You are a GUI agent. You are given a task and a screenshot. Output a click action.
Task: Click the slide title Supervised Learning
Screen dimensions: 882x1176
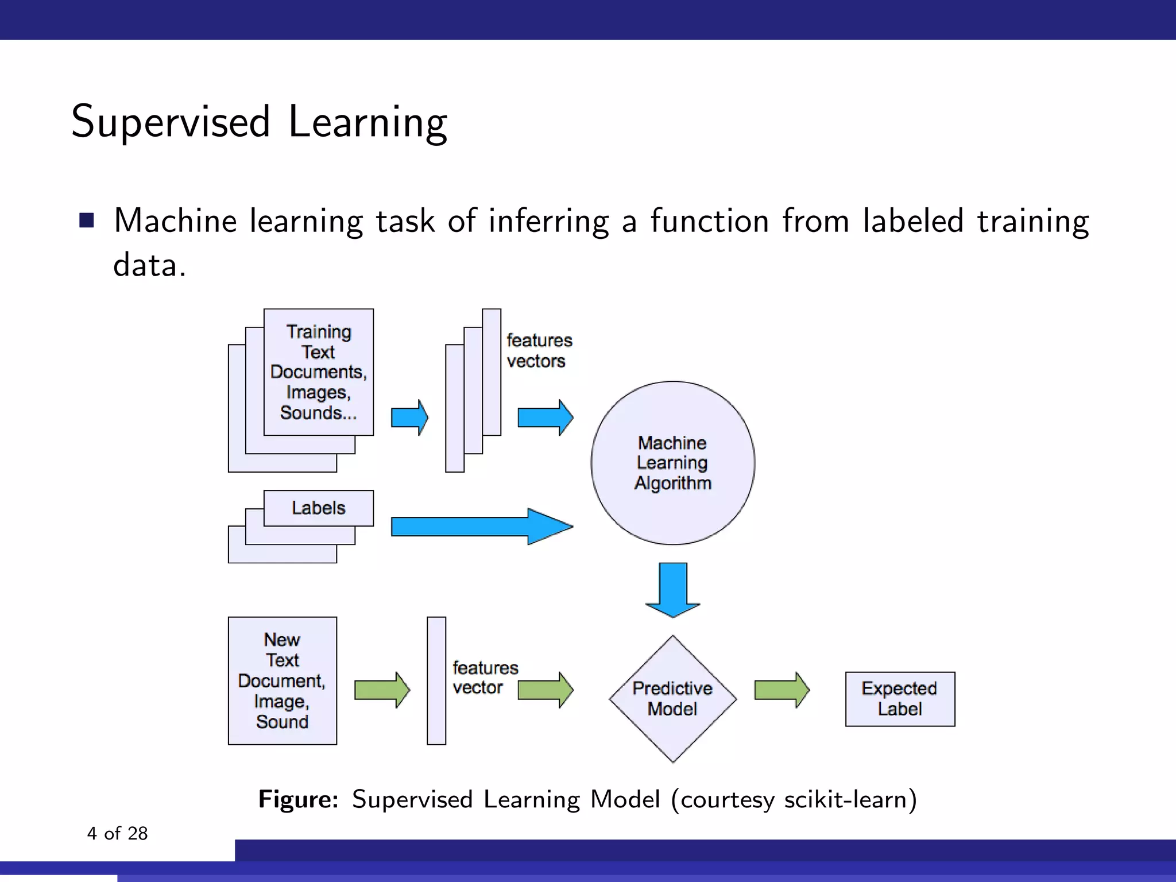click(258, 122)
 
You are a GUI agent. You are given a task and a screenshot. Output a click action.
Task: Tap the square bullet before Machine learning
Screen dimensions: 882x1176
click(87, 220)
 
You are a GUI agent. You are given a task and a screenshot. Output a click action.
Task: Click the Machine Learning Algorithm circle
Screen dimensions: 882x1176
click(672, 463)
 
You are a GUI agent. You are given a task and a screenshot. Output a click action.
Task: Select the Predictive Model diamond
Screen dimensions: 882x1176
click(672, 698)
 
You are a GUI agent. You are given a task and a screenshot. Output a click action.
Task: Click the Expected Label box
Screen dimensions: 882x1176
click(900, 699)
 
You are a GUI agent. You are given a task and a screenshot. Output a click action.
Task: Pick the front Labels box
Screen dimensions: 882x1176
click(318, 508)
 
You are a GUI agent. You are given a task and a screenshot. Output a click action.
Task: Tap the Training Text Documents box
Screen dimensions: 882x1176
click(318, 372)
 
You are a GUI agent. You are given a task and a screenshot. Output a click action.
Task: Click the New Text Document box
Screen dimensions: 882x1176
click(282, 680)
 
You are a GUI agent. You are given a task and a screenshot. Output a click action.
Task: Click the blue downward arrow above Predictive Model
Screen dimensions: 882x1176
click(672, 589)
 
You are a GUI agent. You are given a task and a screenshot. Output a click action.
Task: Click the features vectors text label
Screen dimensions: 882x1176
click(539, 351)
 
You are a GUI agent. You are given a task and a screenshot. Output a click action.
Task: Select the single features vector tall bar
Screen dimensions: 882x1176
click(436, 680)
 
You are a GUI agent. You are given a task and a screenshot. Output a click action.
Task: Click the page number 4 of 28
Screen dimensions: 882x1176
click(117, 833)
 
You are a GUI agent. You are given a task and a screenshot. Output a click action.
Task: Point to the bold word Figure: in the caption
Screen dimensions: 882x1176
click(298, 799)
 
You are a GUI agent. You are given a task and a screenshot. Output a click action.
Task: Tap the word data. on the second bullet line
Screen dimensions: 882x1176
click(149, 265)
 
